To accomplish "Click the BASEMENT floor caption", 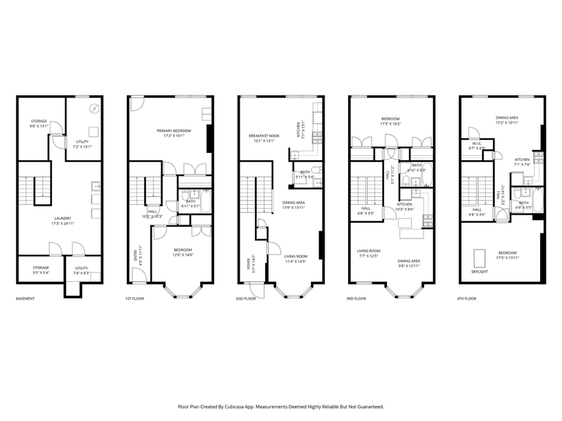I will pos(25,299).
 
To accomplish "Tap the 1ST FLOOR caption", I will pos(135,299).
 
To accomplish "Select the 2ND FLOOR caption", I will pos(245,299).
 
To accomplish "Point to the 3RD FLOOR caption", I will pos(356,299).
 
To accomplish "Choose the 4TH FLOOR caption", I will pos(467,299).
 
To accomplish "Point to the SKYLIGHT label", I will pos(481,271).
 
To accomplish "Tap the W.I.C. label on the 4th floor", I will pos(476,144).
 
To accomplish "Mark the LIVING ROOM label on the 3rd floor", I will pos(367,253).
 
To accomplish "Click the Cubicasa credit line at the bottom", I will pos(281,406).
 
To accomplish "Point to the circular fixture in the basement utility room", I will pos(94,109).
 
